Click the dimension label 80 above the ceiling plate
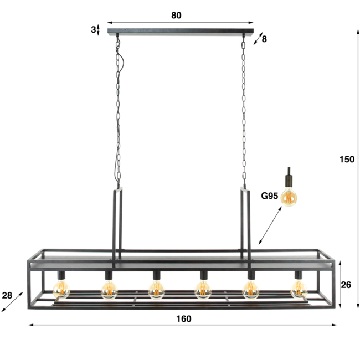pos(176,16)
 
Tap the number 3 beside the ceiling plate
pos(93,29)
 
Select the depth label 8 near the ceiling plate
pos(264,39)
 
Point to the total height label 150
pos(347,159)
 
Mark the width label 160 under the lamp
pos(183,318)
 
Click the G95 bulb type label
pos(270,195)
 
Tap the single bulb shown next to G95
pos(289,197)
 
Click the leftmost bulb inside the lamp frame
pos(61,288)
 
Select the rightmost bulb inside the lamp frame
pos(299,288)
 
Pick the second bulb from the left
pos(109,288)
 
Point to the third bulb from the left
pos(157,288)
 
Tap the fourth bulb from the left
pos(204,288)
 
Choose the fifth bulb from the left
pos(251,288)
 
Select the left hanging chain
pos(117,111)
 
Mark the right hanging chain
pos(244,111)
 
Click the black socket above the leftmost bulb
pos(61,275)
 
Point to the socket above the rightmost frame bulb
pos(299,275)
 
